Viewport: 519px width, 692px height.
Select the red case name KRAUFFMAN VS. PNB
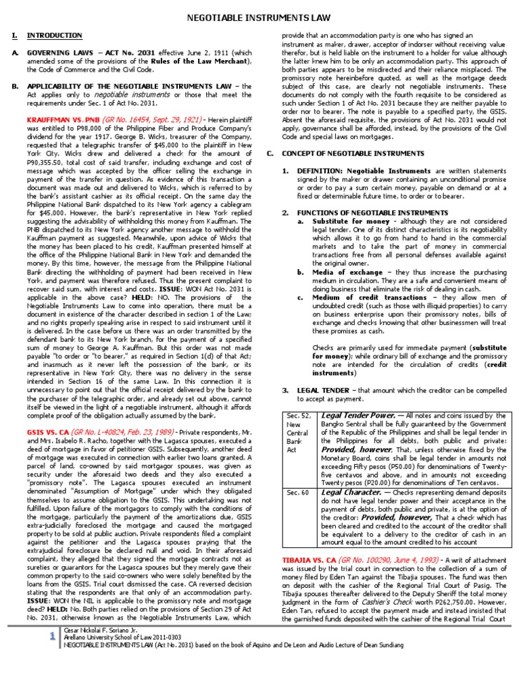[58, 117]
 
